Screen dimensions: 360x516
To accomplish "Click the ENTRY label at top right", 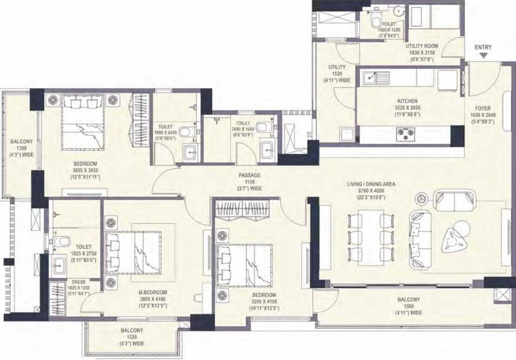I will coord(483,47).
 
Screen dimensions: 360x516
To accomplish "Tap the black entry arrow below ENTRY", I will coord(483,56).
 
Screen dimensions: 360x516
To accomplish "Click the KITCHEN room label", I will coord(407,101).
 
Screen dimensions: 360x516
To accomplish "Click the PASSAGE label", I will coord(249,175).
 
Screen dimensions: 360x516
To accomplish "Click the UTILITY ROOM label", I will coord(422,46).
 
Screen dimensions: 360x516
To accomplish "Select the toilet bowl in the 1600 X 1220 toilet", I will coord(376,21).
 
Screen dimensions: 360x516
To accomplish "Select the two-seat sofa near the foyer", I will coord(454,201).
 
